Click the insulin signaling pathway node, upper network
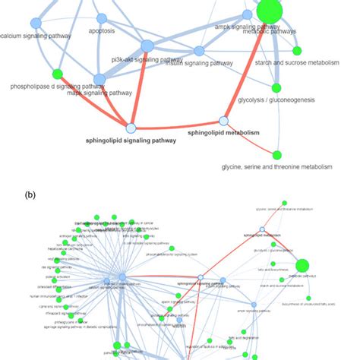coord(199,51)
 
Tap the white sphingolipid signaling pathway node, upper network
coord(131,128)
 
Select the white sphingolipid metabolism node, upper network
coord(223,121)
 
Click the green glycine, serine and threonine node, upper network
coord(276,155)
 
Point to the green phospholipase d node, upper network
coord(56,74)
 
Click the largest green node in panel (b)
coord(302,265)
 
